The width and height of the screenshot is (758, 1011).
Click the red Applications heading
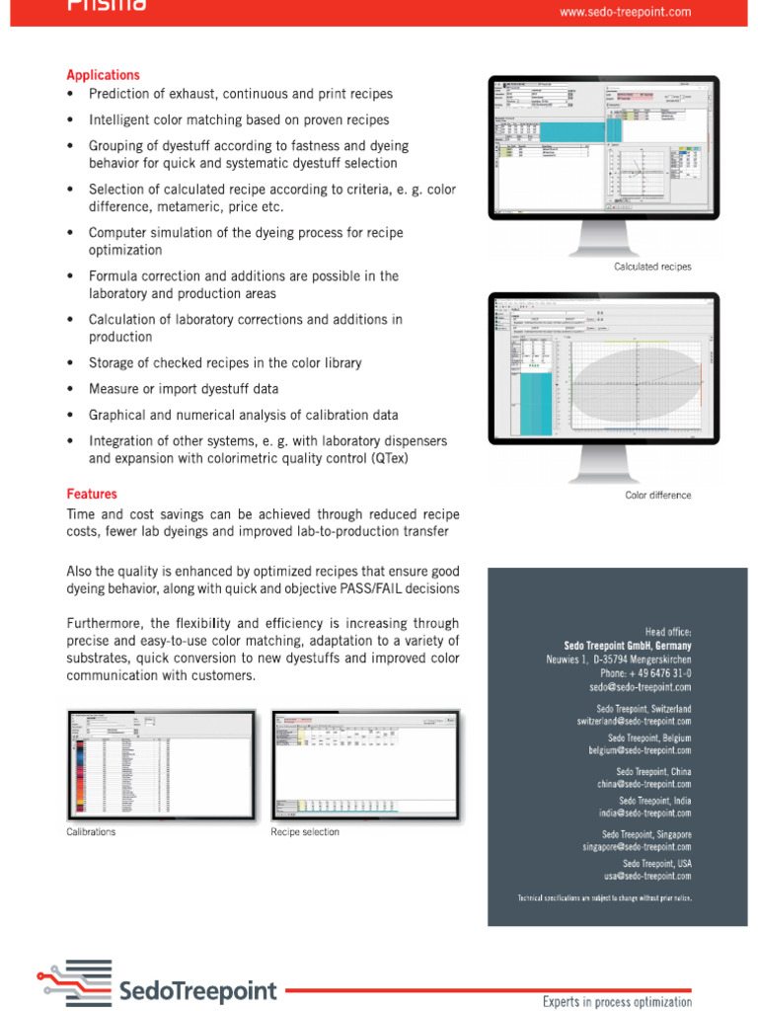coord(103,75)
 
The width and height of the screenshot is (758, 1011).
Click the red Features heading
coord(91,494)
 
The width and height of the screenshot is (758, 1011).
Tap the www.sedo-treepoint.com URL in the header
coord(625,12)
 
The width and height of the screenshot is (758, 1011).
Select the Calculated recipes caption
coord(652,267)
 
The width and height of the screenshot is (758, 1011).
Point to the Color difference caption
coord(657,496)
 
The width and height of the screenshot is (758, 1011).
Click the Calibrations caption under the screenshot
coord(91,832)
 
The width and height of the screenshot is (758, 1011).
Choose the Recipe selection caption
coord(305,832)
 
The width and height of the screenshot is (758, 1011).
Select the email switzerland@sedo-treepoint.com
coord(634,722)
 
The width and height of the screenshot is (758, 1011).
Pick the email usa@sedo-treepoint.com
coord(647,876)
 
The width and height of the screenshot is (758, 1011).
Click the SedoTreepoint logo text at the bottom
coord(197,991)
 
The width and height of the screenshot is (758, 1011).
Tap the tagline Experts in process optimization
coord(617,1001)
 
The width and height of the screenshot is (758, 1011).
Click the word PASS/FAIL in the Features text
coord(354,589)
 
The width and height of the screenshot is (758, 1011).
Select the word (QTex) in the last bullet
coord(391,459)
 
